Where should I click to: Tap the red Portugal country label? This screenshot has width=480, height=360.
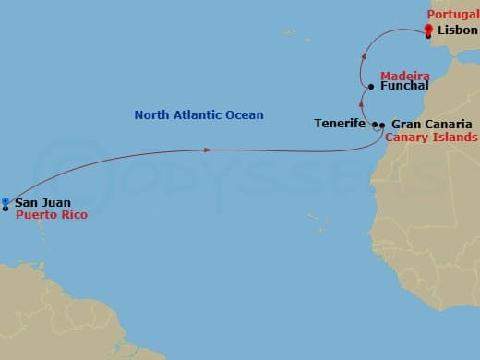point(452,15)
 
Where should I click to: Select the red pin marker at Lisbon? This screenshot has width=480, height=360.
point(429,30)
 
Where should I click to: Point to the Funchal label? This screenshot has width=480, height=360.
point(403,86)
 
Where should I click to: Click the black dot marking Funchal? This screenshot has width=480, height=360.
point(370,87)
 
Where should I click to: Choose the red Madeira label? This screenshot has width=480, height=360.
point(404,74)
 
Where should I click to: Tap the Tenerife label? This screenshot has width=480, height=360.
point(340,124)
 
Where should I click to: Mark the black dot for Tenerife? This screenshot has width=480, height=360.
point(375,124)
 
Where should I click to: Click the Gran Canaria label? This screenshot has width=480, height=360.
point(431,124)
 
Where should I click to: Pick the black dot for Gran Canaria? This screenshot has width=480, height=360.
point(381,124)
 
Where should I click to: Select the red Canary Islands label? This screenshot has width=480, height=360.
point(431,138)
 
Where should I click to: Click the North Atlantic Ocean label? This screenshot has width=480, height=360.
point(198,115)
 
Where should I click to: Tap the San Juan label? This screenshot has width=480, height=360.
point(42,202)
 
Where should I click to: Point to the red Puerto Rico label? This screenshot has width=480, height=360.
point(50,214)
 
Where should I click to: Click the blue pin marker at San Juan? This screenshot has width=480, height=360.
point(6,201)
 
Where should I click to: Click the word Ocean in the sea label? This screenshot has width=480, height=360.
point(244,115)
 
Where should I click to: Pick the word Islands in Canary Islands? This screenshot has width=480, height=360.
point(453,138)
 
